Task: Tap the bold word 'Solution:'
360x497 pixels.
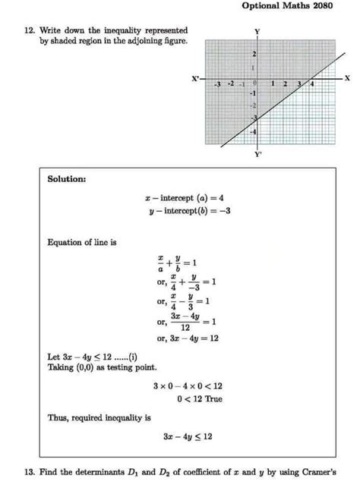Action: (67, 180)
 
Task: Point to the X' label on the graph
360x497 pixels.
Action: (196, 78)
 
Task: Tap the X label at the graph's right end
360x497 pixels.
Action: (347, 78)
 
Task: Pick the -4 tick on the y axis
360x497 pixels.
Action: (253, 132)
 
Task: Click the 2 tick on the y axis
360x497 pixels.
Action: (254, 55)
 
